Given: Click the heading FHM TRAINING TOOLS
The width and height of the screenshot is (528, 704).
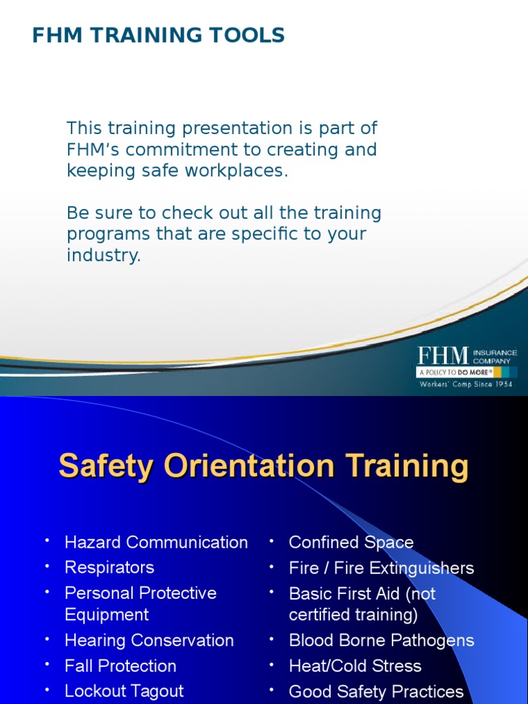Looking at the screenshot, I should (158, 35).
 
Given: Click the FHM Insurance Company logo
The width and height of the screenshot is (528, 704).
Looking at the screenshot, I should (466, 367).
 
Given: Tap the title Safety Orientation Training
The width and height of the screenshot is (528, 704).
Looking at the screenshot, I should (264, 466).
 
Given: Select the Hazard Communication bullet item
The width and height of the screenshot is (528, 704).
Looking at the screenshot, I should (156, 542).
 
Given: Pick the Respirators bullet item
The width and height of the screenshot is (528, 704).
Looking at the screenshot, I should (109, 568).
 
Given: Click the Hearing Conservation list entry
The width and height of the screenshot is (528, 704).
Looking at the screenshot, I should (149, 641).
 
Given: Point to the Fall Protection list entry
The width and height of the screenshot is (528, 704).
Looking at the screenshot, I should (120, 666).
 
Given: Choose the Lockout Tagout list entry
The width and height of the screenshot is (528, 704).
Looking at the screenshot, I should (124, 691).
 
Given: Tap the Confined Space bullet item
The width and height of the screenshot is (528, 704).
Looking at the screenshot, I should (351, 542).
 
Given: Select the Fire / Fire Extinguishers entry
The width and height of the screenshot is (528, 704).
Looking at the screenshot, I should (382, 569).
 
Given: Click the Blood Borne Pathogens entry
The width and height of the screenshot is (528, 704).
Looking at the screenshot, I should (382, 641).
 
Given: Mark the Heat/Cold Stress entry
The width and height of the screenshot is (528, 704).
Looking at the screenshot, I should (355, 666).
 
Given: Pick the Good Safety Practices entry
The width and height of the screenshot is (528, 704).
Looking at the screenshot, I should (376, 692).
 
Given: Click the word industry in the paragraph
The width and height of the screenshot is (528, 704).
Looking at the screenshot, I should (103, 256).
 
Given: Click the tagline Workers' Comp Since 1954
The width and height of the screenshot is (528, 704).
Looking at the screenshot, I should (466, 384).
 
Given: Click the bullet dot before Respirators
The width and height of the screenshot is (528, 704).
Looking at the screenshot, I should (47, 566).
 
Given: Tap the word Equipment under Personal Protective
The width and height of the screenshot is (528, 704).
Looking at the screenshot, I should (107, 615).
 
